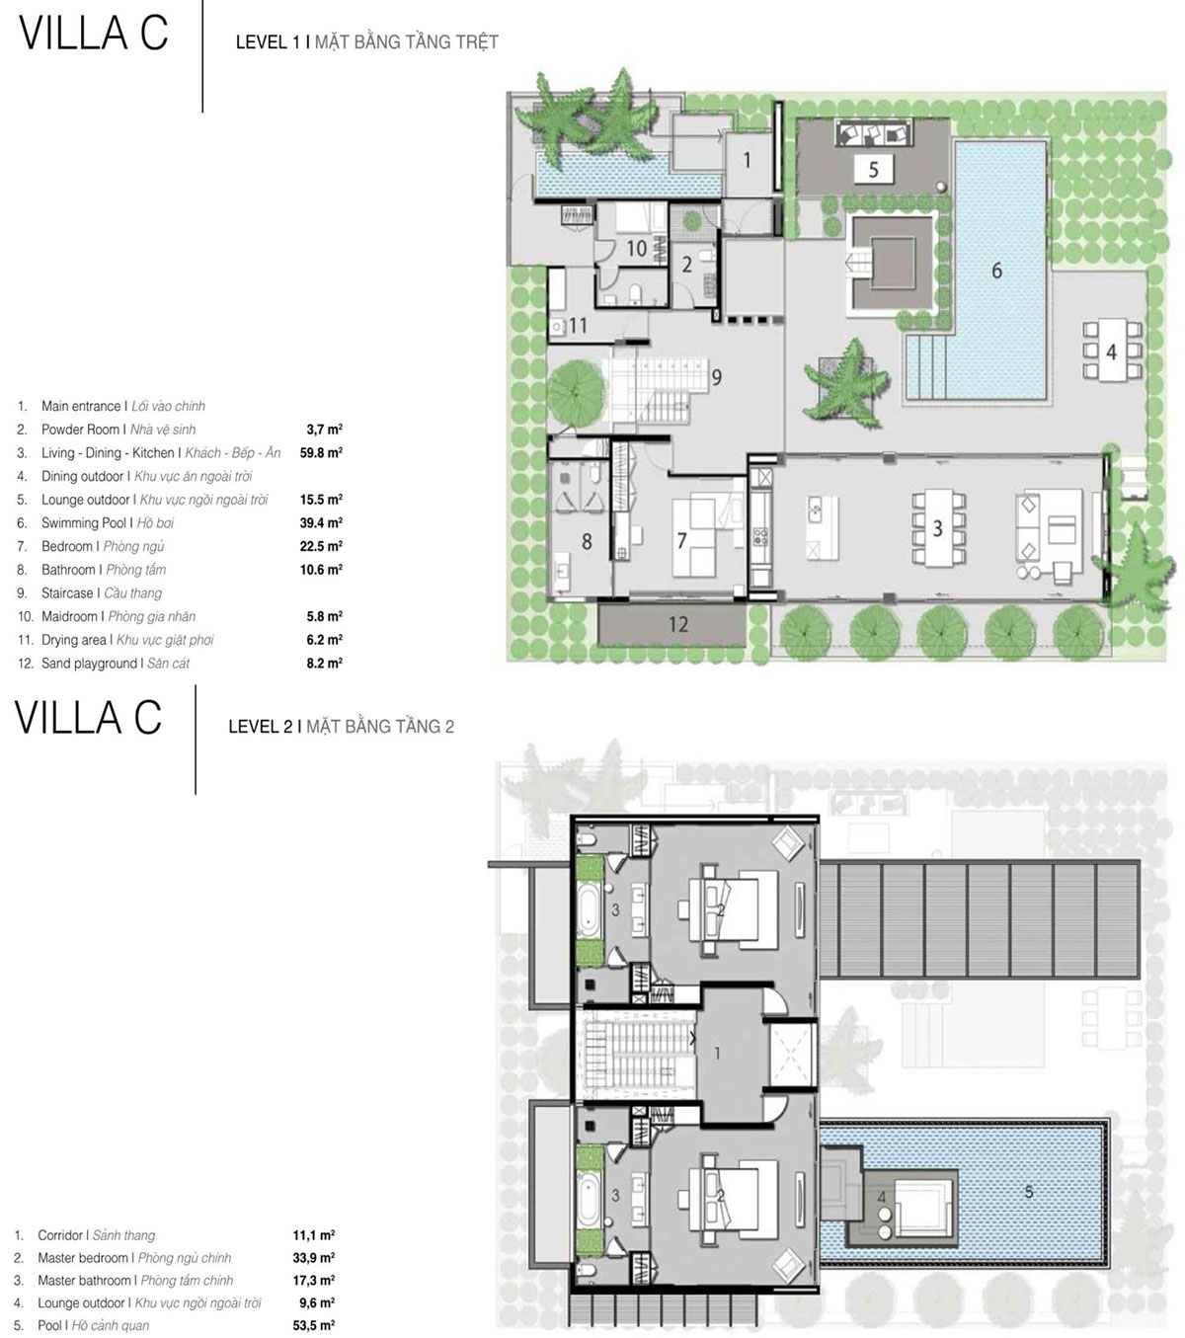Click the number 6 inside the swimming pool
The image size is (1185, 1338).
point(996,271)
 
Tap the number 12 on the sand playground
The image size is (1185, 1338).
point(678,624)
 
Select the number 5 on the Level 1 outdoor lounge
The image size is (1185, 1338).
point(873,170)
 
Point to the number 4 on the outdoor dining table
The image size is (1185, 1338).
point(1112,352)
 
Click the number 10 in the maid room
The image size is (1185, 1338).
point(637,248)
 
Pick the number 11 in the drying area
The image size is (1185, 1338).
point(578,325)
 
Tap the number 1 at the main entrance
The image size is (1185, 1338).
point(748,160)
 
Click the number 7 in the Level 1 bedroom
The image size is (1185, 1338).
point(681,540)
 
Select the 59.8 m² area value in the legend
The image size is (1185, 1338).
point(321,452)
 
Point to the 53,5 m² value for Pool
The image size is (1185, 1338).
point(314,1325)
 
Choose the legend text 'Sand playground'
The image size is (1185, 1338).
point(89,663)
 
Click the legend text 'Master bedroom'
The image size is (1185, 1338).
point(83,1257)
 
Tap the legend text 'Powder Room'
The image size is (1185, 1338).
point(80,430)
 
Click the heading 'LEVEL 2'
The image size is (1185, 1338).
point(261,727)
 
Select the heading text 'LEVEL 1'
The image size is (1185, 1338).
point(268,42)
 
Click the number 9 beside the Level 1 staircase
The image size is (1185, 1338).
point(717,377)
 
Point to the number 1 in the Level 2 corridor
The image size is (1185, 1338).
point(717,1053)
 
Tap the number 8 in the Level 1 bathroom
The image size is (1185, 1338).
point(587,541)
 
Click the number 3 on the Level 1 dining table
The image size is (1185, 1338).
point(937,528)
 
